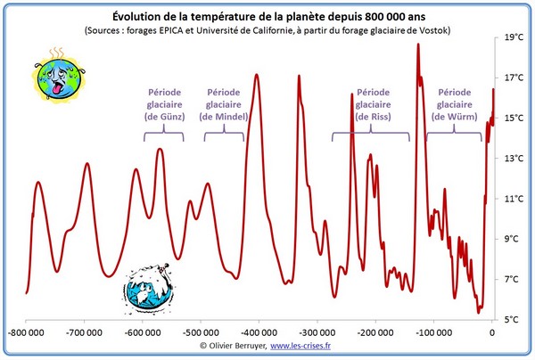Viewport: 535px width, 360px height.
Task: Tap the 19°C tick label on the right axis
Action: [514, 38]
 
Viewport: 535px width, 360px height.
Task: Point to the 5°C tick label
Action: [514, 319]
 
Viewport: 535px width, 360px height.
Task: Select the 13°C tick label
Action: [514, 159]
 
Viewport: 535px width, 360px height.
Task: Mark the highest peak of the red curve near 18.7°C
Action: [417, 45]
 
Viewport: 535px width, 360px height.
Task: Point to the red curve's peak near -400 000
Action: [258, 75]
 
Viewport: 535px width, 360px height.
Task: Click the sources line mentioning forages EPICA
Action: [267, 30]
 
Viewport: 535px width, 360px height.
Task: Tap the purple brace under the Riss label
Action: [371, 135]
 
